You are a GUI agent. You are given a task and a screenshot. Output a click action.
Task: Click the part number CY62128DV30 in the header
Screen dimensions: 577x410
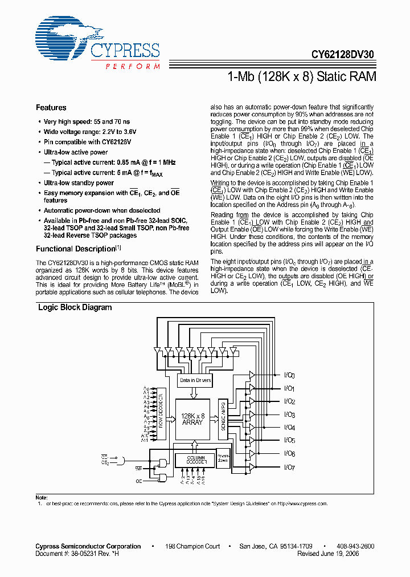(x=343, y=55)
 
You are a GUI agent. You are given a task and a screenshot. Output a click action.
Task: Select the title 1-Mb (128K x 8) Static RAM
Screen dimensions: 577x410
(x=301, y=76)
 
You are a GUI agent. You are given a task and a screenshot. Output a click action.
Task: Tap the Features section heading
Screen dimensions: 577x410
(x=51, y=108)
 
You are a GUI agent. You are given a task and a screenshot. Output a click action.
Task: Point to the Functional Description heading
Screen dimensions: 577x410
(x=76, y=249)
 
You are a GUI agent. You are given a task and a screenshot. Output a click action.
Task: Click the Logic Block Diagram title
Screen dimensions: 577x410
(x=75, y=307)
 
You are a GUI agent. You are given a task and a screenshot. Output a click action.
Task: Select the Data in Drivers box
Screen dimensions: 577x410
(x=195, y=380)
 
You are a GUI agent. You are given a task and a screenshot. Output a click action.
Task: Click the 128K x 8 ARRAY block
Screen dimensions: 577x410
(x=192, y=419)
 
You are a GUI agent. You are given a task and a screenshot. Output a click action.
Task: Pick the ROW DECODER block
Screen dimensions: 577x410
(x=161, y=415)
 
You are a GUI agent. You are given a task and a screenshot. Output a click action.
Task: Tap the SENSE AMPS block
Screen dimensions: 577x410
(x=222, y=419)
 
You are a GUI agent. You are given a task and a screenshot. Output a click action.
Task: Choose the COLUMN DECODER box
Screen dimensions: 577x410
(x=195, y=460)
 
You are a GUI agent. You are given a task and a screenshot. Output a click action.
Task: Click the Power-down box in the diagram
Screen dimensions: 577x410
(x=223, y=458)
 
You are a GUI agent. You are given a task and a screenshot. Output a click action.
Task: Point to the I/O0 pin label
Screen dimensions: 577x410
(x=289, y=376)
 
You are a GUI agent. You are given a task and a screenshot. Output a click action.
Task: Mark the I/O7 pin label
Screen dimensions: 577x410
(x=289, y=468)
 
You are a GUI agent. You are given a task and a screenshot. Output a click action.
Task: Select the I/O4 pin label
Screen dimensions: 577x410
(x=289, y=428)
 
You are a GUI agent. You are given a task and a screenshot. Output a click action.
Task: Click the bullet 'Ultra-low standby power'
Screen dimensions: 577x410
(x=79, y=183)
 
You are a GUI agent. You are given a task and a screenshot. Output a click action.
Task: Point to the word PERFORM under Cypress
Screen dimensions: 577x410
(x=132, y=67)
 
